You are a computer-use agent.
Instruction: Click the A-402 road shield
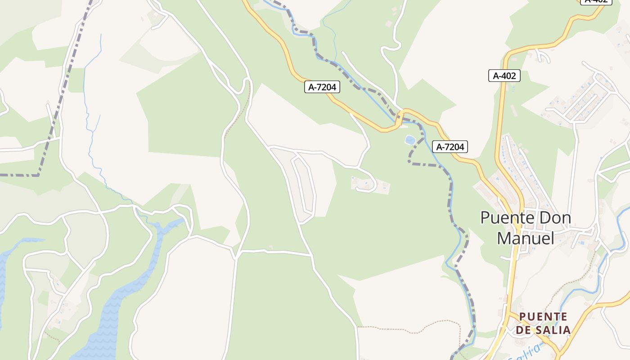pyautogui.click(x=504, y=76)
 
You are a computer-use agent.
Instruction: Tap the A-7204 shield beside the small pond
pyautogui.click(x=450, y=147)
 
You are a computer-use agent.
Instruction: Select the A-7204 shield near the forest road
pyautogui.click(x=322, y=87)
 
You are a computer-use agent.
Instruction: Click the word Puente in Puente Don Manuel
pyautogui.click(x=508, y=218)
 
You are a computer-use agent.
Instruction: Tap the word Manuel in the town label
pyautogui.click(x=525, y=238)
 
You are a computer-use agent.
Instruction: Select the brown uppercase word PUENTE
pyautogui.click(x=543, y=317)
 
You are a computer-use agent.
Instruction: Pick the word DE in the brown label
pyautogui.click(x=523, y=330)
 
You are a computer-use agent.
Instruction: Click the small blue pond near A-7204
pyautogui.click(x=410, y=140)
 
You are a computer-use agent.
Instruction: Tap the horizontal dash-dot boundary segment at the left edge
pyautogui.click(x=18, y=175)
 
